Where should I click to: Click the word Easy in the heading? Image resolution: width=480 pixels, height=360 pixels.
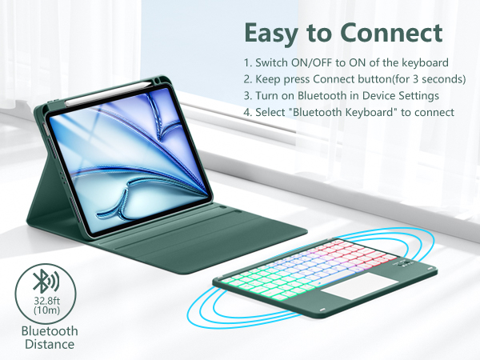(273, 34)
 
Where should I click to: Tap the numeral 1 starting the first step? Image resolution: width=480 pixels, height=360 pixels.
(247, 62)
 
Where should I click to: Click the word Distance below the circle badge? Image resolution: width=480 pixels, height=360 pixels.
(48, 344)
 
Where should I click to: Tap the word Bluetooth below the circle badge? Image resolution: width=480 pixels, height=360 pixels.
(50, 330)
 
